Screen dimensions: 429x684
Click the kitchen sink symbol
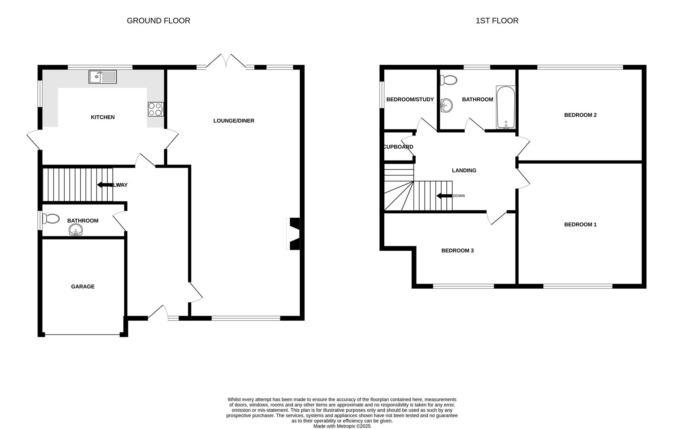(103, 77)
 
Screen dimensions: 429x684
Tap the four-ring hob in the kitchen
(155, 109)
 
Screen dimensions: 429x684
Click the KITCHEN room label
(103, 117)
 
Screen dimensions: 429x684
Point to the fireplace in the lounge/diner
(294, 234)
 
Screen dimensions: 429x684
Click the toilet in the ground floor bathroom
(51, 219)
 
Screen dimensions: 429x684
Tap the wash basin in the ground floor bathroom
(76, 230)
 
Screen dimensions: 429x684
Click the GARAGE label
(83, 286)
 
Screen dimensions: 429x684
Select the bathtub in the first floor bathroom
(506, 107)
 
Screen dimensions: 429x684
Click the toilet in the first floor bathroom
(449, 80)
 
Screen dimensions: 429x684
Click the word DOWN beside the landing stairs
(459, 196)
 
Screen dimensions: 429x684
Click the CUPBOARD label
(398, 147)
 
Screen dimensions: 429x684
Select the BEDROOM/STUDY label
(410, 99)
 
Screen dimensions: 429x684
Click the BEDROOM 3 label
(457, 251)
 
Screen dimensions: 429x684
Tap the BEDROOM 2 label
(580, 115)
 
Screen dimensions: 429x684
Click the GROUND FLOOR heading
(158, 21)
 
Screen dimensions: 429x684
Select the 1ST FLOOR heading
(497, 21)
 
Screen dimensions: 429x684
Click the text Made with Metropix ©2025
(342, 426)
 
